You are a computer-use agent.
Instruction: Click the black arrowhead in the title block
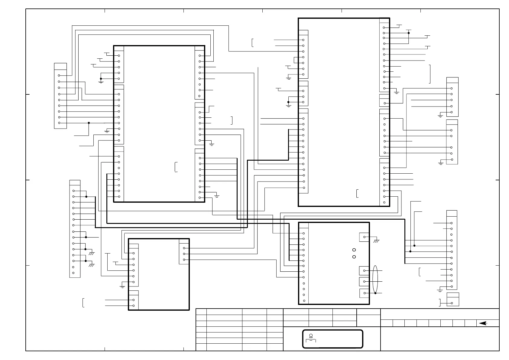(483, 323)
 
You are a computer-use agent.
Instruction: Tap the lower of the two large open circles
(354, 257)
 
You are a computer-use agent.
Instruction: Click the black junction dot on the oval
(375, 293)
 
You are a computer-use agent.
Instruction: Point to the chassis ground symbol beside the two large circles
(376, 241)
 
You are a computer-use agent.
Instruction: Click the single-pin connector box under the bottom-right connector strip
(452, 299)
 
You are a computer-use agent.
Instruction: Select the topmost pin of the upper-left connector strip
(59, 75)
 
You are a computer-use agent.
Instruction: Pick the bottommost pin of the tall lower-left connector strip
(73, 273)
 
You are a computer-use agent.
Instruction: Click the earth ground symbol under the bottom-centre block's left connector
(122, 286)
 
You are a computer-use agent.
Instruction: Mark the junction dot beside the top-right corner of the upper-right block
(408, 33)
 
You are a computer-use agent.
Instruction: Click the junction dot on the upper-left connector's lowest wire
(89, 123)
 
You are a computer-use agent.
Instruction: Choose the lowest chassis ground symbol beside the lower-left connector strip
(91, 265)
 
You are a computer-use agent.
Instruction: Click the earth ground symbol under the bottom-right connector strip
(440, 290)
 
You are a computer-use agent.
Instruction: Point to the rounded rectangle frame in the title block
(332, 339)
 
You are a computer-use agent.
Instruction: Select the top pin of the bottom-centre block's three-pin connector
(184, 248)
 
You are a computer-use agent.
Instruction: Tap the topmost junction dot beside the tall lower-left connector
(86, 197)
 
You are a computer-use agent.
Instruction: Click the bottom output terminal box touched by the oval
(364, 293)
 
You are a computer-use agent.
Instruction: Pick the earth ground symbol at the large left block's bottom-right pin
(217, 196)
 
